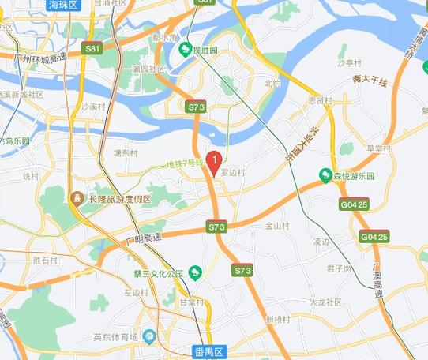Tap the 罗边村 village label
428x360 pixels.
(233, 171)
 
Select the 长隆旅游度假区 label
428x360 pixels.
(118, 199)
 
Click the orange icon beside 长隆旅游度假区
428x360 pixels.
(77, 197)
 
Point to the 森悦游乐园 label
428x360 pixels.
(352, 175)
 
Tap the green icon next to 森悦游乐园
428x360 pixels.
(324, 174)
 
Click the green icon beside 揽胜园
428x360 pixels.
(185, 51)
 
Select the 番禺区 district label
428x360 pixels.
(209, 351)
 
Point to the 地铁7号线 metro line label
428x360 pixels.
(185, 164)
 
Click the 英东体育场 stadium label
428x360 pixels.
(116, 337)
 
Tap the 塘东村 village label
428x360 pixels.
(126, 153)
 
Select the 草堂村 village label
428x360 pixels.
(379, 148)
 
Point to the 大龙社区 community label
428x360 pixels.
(325, 302)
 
